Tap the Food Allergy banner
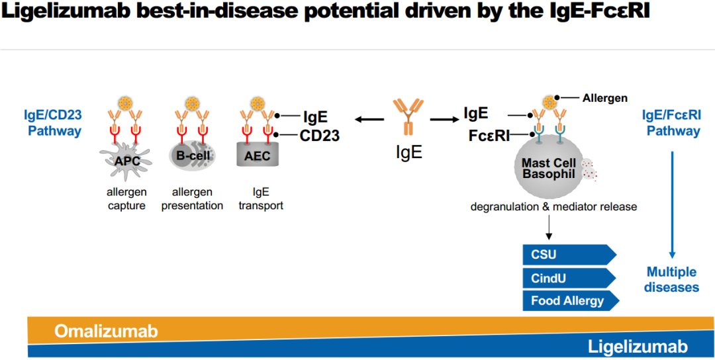coord(568,300)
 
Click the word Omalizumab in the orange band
coord(106,331)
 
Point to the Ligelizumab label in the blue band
coord(638,347)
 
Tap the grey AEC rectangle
coord(258,156)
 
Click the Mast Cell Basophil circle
coord(549,168)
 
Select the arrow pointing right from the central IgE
coord(444,120)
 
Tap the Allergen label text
coord(604,98)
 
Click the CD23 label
coord(320,136)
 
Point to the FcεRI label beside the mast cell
coord(489,136)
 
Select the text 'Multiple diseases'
coord(671,279)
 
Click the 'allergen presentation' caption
coord(192,199)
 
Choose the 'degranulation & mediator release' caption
coord(553,206)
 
